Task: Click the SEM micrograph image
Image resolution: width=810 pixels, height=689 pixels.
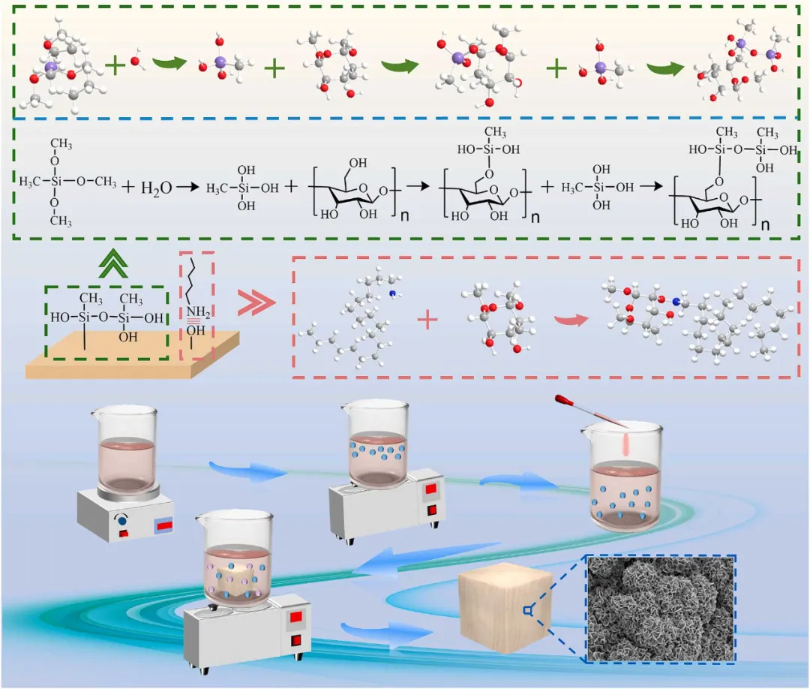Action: coord(660,609)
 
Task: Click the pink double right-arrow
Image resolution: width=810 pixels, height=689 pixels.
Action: coord(253,304)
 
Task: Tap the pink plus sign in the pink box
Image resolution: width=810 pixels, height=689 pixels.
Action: coord(427,320)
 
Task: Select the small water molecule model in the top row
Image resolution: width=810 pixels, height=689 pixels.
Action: coord(135,61)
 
